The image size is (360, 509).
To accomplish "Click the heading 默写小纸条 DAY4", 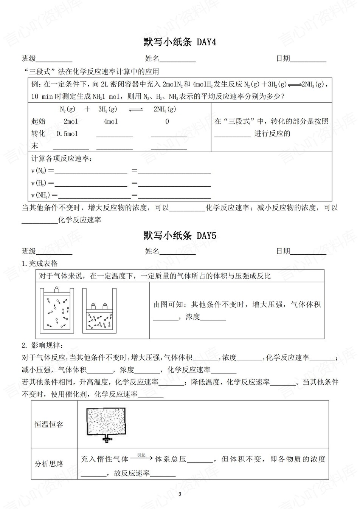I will [x=180, y=42].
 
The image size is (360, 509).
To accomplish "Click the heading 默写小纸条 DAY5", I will [x=180, y=236].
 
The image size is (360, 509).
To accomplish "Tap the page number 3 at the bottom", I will [x=180, y=494].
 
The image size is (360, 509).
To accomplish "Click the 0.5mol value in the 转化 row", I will [x=67, y=134].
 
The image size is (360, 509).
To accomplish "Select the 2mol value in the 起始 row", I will [x=71, y=121].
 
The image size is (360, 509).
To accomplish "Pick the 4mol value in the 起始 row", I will [x=110, y=121].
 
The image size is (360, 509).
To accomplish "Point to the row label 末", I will [x=35, y=146].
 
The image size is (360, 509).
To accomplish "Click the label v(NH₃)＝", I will [x=44, y=195].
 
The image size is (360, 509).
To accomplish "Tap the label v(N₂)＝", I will [x=42, y=171].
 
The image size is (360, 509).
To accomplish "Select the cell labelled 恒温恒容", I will [x=49, y=424].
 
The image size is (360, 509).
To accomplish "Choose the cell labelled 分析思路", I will [x=49, y=464].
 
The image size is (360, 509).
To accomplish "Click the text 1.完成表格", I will [x=40, y=263].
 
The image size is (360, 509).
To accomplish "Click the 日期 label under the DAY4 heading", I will [x=283, y=59].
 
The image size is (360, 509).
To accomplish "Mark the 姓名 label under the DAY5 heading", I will [x=152, y=251].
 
